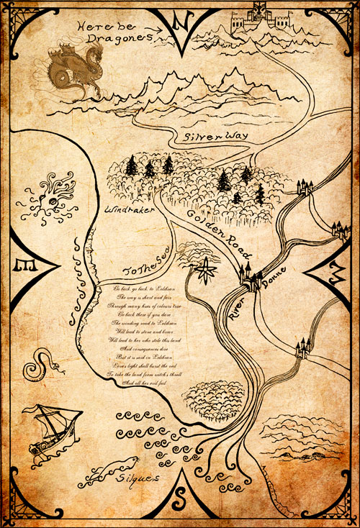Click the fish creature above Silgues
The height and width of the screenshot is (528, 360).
coord(102,473)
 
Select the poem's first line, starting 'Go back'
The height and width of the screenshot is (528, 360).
coord(145,287)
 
